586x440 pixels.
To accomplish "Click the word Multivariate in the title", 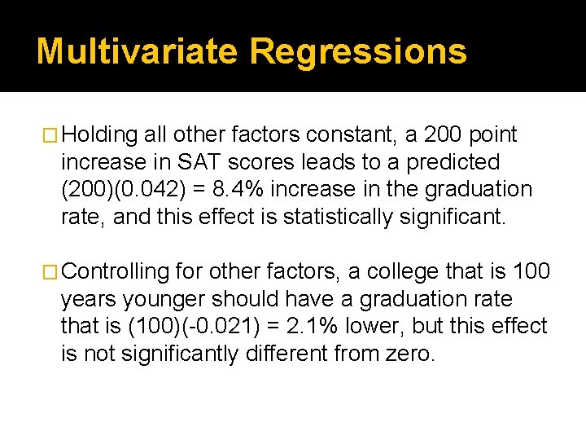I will (x=138, y=51).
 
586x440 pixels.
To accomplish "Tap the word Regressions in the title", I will (x=358, y=51).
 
